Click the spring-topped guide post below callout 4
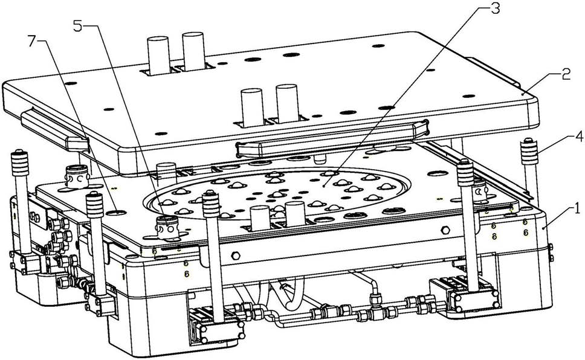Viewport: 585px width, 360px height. coord(530,169)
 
